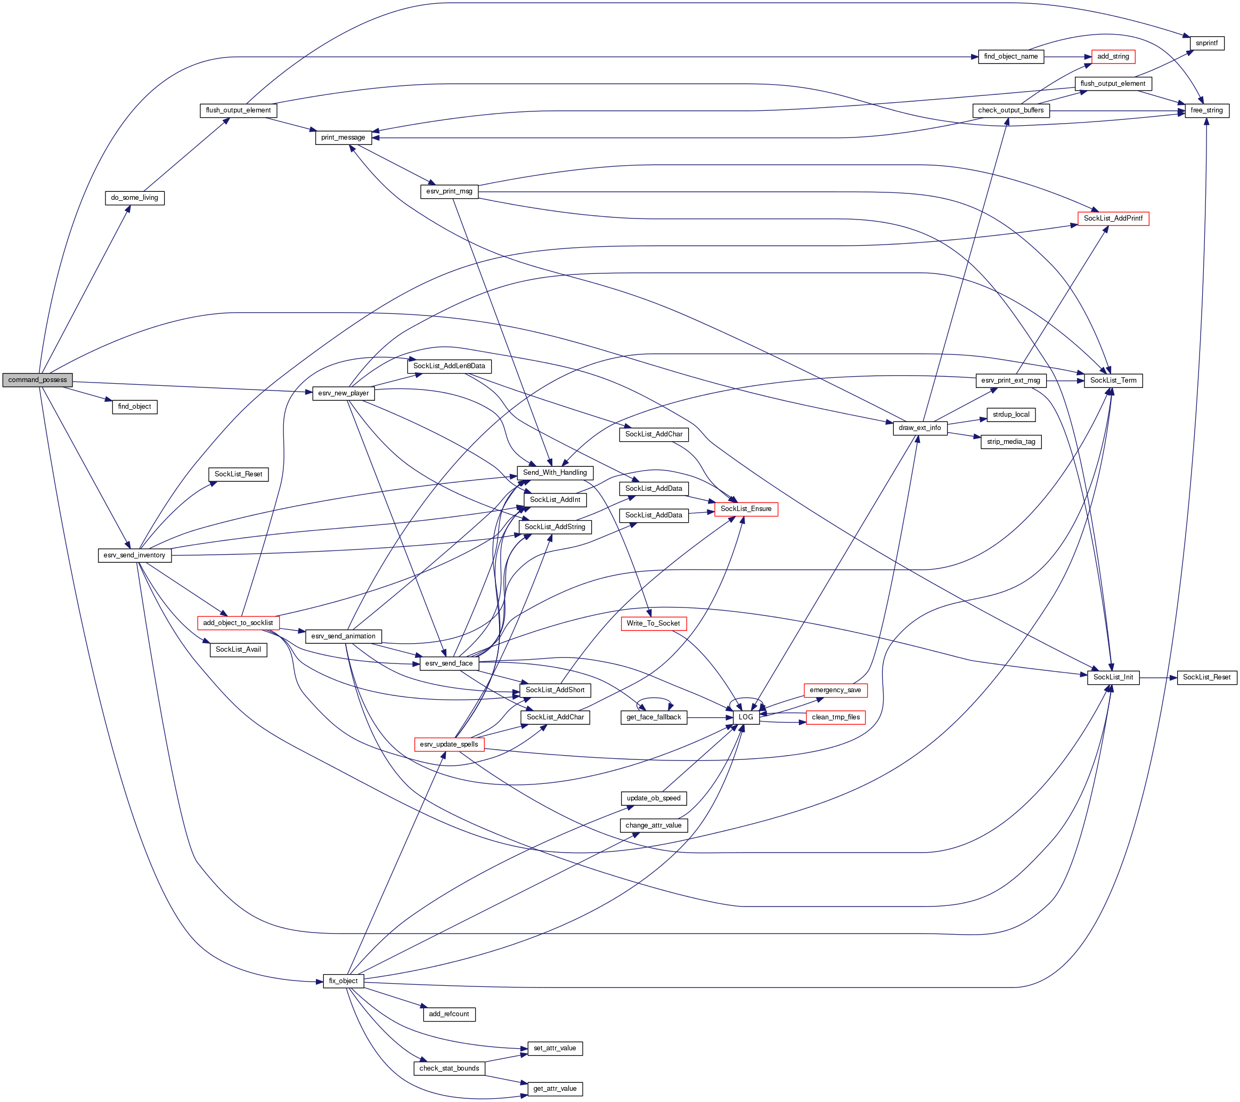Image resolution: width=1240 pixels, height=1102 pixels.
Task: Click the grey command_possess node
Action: click(x=38, y=380)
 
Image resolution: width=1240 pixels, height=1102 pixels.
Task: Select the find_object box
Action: click(x=135, y=407)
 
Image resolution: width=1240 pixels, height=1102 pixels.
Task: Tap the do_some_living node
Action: click(x=135, y=198)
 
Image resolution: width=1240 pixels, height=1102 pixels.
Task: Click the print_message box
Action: click(x=344, y=137)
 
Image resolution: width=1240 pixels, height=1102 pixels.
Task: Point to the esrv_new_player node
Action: click(x=344, y=393)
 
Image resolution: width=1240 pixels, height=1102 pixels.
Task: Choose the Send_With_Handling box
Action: click(x=554, y=473)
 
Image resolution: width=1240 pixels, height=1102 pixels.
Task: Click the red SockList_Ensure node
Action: click(x=746, y=509)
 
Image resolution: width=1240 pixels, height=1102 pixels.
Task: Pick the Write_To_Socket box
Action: click(x=654, y=623)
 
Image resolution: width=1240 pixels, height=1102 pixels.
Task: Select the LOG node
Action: click(x=746, y=717)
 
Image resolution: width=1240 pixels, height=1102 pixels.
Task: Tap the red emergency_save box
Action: click(x=835, y=690)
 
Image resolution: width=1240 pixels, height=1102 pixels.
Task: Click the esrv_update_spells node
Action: click(x=449, y=744)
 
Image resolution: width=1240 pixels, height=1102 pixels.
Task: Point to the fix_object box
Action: click(x=344, y=981)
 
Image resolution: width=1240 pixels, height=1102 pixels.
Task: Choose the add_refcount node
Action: click(x=449, y=1014)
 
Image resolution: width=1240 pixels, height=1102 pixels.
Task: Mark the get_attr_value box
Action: click(x=554, y=1089)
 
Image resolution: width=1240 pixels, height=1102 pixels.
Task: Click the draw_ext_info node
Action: click(x=920, y=428)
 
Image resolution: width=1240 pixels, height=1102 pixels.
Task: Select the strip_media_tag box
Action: click(x=1010, y=442)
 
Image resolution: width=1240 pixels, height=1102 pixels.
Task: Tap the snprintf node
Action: click(x=1206, y=44)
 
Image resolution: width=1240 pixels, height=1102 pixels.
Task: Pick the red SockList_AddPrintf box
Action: click(x=1113, y=218)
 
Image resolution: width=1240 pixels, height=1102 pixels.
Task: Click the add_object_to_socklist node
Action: click(x=238, y=622)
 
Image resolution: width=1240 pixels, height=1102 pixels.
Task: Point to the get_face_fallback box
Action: click(x=654, y=717)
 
